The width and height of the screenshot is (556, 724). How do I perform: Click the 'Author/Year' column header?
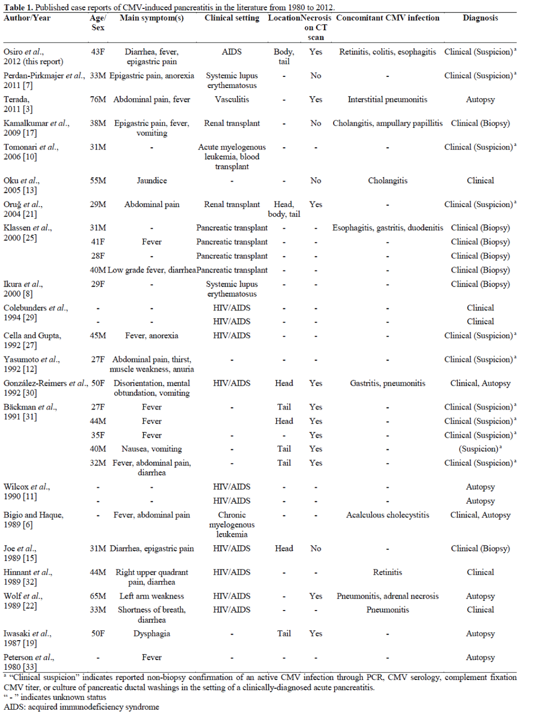[x=27, y=18]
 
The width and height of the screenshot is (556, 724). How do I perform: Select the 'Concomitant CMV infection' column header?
[x=387, y=18]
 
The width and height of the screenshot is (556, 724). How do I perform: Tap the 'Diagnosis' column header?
[x=480, y=18]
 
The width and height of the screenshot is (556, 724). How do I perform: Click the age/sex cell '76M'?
[x=98, y=100]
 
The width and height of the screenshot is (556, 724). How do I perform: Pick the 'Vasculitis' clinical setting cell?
[x=232, y=100]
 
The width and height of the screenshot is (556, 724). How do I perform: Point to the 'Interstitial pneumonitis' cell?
[x=387, y=100]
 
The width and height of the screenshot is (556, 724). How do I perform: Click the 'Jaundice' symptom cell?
[x=152, y=181]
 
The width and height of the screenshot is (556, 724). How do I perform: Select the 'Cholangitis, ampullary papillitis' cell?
[x=387, y=123]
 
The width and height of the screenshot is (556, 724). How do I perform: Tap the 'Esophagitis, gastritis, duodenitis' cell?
[x=387, y=228]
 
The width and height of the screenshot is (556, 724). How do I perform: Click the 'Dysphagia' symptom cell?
[x=152, y=634]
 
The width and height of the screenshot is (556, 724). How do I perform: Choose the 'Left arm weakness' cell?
[x=152, y=596]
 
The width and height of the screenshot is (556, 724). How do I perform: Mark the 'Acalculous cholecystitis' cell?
[x=387, y=515]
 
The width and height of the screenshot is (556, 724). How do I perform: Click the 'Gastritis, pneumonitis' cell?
[x=387, y=383]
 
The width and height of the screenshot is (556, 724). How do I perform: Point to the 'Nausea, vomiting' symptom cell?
[x=152, y=449]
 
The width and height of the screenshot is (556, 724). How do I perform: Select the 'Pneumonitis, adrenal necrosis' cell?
[x=387, y=596]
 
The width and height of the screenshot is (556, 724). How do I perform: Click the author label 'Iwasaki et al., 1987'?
[x=27, y=638]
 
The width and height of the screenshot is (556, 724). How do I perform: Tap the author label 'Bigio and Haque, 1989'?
[x=33, y=520]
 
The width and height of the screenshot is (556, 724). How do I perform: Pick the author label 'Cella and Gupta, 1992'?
[x=32, y=340]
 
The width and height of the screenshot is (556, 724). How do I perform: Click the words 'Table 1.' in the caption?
[x=18, y=7]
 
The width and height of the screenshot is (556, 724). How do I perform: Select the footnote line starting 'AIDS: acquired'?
[x=82, y=707]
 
